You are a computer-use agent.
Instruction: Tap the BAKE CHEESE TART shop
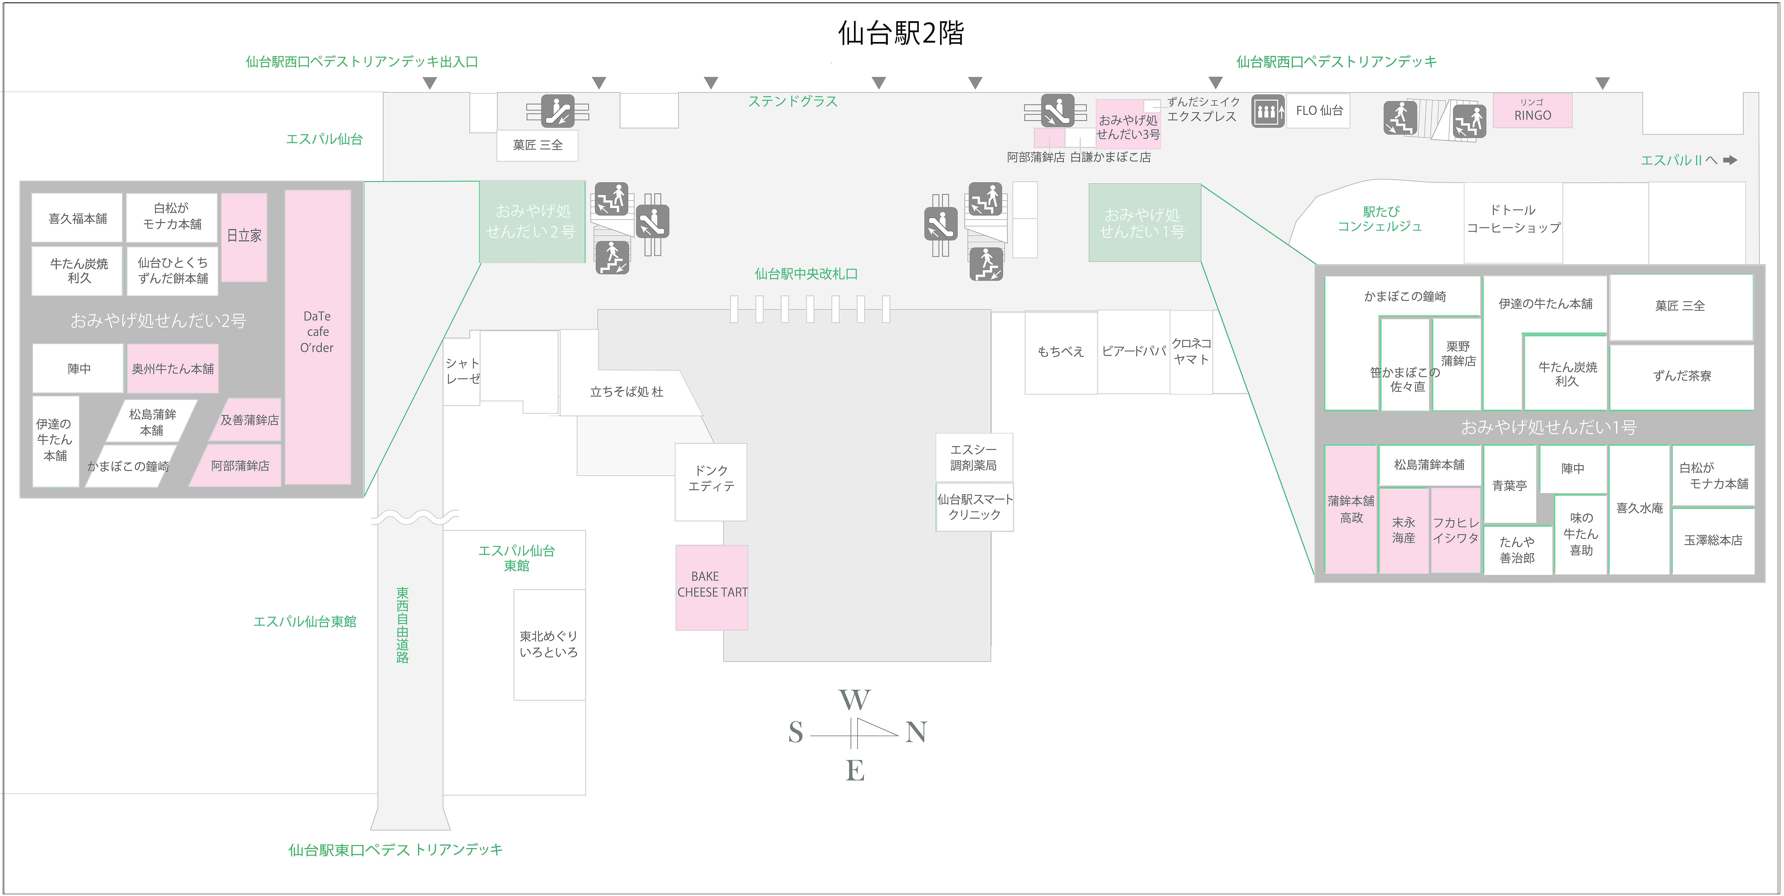pyautogui.click(x=712, y=587)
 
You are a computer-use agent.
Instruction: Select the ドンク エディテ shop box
pyautogui.click(x=711, y=482)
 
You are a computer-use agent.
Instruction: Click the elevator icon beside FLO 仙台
pyautogui.click(x=1267, y=111)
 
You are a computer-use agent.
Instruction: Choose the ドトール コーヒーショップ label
pyautogui.click(x=1514, y=219)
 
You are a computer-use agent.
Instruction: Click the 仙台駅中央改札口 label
pyautogui.click(x=806, y=274)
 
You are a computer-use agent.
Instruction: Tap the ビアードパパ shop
pyautogui.click(x=1134, y=352)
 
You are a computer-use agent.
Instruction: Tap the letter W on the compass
pyautogui.click(x=855, y=700)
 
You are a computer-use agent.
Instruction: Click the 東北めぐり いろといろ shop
pyautogui.click(x=549, y=645)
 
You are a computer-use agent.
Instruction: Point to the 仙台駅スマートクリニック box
pyautogui.click(x=974, y=507)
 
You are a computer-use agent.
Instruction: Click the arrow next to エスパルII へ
pyautogui.click(x=1730, y=160)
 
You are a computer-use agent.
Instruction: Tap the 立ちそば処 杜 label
pyautogui.click(x=627, y=392)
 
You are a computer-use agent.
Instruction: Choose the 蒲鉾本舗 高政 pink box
pyautogui.click(x=1350, y=509)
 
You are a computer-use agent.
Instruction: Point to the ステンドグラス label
pyautogui.click(x=793, y=102)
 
